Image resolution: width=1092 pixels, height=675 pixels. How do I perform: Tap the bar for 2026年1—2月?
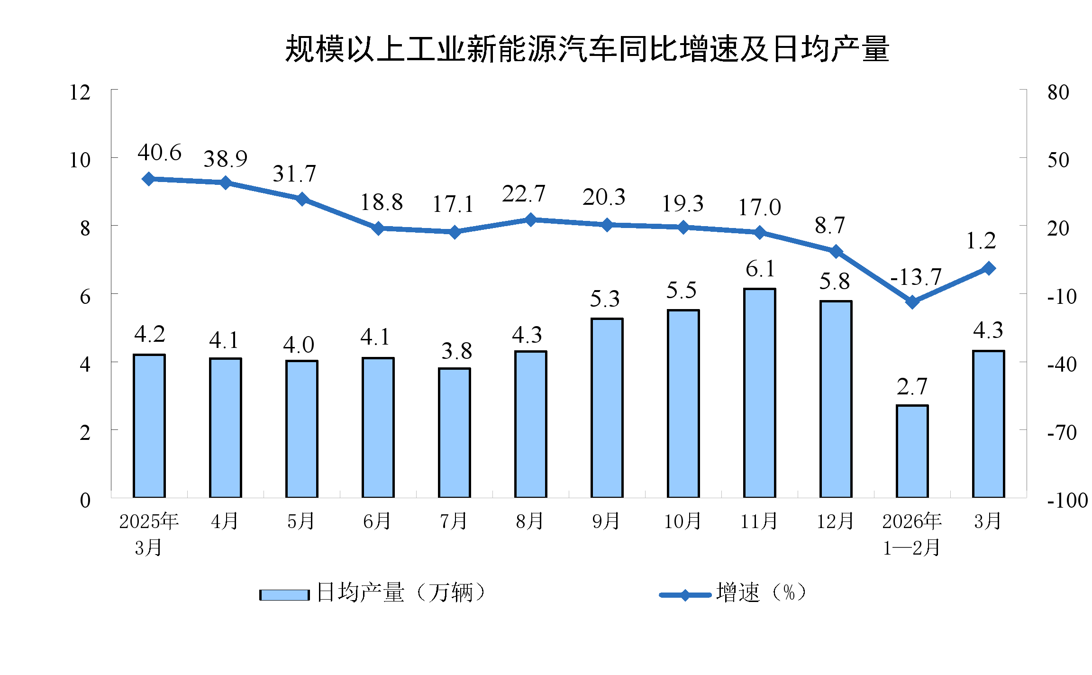(x=912, y=451)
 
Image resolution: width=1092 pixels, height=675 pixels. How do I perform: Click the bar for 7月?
(x=454, y=432)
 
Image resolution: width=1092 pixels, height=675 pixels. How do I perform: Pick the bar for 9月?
(x=607, y=408)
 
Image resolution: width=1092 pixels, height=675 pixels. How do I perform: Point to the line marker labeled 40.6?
(x=149, y=179)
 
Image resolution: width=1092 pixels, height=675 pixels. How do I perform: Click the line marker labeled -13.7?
(x=912, y=301)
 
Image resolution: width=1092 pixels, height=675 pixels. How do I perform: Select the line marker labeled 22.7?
(x=530, y=220)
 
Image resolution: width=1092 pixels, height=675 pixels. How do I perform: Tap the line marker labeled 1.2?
(x=989, y=268)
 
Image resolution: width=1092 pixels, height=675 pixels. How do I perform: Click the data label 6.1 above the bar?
(x=760, y=269)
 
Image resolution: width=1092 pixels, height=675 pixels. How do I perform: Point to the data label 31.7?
(x=294, y=174)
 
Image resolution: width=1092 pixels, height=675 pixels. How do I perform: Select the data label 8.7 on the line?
(x=829, y=226)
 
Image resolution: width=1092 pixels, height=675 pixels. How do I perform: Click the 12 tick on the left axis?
(x=80, y=92)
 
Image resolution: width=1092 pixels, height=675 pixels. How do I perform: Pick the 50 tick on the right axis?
(x=1058, y=160)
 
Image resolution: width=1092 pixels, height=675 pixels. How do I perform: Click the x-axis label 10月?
(x=682, y=521)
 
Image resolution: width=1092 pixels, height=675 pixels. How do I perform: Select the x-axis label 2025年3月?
(x=149, y=534)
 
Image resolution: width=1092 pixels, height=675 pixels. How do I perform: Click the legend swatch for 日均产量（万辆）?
(x=284, y=594)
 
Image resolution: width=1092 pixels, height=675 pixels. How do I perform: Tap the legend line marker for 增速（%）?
(x=685, y=594)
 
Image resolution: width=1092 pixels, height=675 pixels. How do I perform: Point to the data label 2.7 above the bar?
(x=912, y=387)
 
